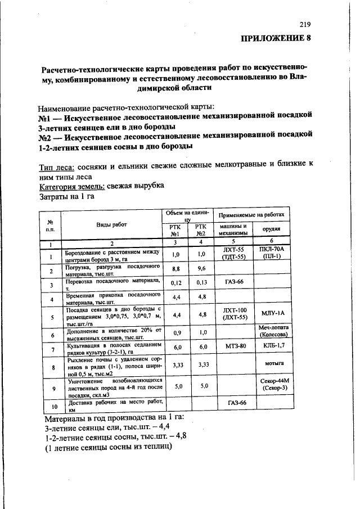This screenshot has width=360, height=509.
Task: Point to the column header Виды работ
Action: point(111,224)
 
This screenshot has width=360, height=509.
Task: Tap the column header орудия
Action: point(272,229)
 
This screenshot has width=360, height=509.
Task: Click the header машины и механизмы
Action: point(233,230)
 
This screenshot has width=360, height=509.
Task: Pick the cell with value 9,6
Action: point(203,270)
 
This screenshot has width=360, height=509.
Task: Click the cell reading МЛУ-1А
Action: point(273,315)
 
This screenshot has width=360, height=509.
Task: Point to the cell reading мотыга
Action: point(273,363)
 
